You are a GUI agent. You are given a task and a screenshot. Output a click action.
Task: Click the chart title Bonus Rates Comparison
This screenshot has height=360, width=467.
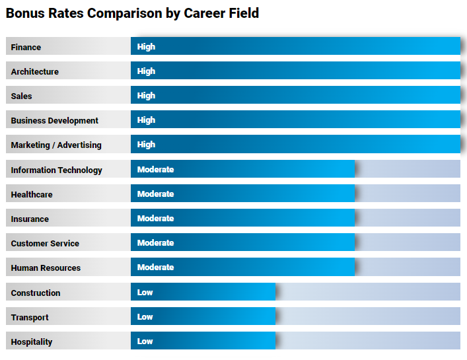[132, 13]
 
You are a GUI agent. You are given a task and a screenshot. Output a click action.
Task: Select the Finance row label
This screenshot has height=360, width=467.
[26, 47]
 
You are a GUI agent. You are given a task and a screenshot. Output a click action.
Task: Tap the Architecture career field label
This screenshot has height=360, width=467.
[35, 71]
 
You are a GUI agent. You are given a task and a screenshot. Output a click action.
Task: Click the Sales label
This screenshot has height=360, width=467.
[22, 96]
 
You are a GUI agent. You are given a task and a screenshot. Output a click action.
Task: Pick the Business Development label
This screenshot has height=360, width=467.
[55, 120]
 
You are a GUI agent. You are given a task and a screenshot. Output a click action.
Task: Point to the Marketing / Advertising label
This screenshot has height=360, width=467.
[56, 145]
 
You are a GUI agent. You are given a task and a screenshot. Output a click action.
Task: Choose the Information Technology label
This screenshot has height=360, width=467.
[57, 170]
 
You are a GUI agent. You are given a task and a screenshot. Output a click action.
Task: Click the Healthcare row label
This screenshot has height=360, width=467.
[32, 194]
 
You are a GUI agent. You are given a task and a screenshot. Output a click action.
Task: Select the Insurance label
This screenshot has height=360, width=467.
[30, 219]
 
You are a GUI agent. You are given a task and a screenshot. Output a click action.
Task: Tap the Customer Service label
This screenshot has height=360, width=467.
[45, 243]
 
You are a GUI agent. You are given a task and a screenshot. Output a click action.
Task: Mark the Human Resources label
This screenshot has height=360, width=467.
[46, 268]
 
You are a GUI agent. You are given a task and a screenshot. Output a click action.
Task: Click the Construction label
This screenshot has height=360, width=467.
[36, 293]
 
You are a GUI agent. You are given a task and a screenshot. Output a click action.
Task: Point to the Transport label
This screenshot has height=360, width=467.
[30, 317]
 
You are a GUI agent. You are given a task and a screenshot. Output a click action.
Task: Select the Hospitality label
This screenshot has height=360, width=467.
[32, 342]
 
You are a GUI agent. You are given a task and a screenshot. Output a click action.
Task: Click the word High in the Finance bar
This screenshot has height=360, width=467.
[146, 47]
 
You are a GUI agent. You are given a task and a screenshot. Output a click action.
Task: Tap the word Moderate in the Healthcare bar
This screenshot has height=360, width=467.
[155, 194]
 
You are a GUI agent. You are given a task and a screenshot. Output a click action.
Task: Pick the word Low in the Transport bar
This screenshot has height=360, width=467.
[145, 317]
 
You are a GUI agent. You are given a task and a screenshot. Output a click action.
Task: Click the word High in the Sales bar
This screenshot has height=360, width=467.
[146, 96]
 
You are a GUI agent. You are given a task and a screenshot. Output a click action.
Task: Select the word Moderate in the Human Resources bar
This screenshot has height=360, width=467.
[155, 268]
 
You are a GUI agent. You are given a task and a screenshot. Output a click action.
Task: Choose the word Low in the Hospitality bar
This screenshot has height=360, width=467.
[145, 342]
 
